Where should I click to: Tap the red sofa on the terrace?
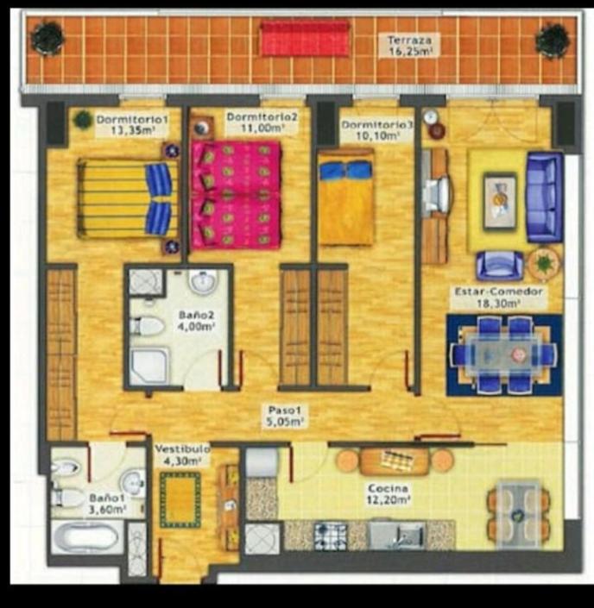coord(305,38)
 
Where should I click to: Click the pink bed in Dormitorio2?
coord(236,195)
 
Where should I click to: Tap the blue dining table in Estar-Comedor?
coord(505,354)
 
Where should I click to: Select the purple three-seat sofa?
coord(544,197)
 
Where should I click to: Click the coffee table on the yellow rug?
coord(499,202)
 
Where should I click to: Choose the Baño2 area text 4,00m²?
coord(196,326)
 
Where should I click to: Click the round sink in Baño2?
coord(203,281)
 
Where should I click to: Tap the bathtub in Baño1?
coord(85,537)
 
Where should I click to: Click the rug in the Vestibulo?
coord(180,499)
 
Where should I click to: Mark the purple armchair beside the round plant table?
coord(499,265)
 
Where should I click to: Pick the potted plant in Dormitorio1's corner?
coord(82,119)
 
